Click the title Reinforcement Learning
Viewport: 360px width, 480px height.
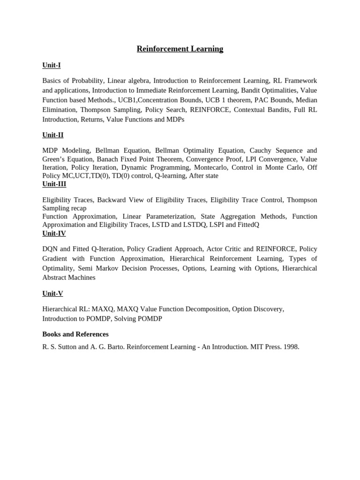180,49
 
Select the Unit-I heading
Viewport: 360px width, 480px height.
52,65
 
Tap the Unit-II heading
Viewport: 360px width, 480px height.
53,135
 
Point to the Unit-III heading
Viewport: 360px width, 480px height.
54,184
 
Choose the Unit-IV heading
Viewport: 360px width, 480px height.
54,233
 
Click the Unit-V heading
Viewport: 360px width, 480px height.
52,293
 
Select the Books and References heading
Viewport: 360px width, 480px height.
75,334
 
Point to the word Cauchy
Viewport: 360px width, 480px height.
261,150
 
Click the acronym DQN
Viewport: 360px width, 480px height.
50,249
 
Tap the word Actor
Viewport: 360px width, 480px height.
216,249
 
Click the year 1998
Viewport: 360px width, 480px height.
290,347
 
